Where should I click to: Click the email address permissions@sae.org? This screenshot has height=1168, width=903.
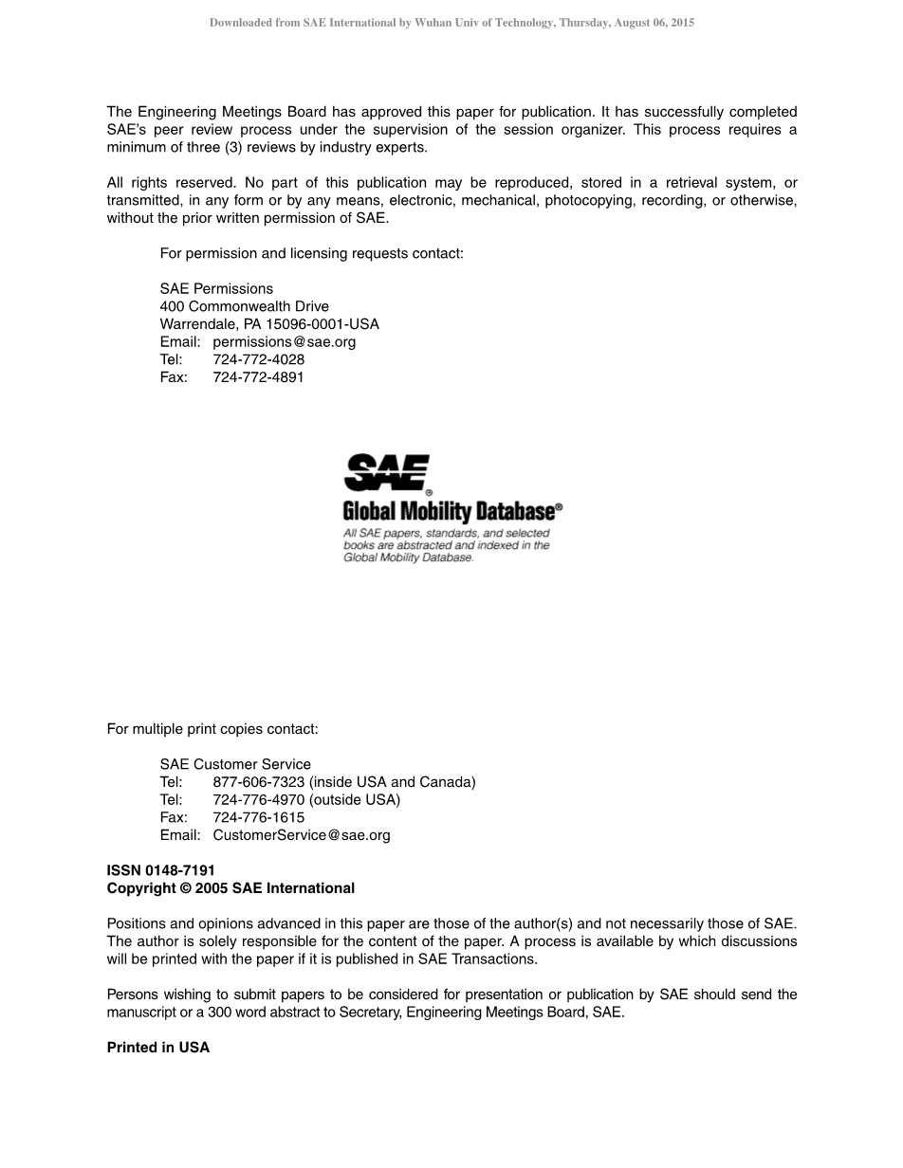[x=285, y=342]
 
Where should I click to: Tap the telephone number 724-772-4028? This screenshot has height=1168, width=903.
[x=258, y=359]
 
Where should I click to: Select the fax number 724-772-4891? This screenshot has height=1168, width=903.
[x=258, y=377]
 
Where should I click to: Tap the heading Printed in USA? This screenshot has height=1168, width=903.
[x=157, y=1048]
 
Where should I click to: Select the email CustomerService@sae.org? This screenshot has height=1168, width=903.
[x=302, y=835]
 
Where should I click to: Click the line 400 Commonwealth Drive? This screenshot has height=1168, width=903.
[x=245, y=306]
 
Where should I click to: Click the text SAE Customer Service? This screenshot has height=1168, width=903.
[x=235, y=764]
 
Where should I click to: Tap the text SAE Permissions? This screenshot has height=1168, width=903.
[x=216, y=289]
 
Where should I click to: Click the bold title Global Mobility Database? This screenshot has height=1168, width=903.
[x=448, y=512]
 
